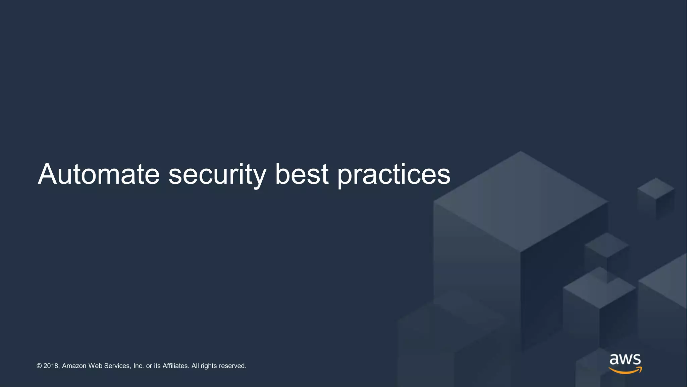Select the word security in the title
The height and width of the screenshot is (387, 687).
(217, 175)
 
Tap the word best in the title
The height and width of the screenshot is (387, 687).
(302, 174)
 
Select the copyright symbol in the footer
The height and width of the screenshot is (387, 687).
(39, 366)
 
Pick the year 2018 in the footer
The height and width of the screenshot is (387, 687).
(51, 366)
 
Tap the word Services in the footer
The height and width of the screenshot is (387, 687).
(117, 366)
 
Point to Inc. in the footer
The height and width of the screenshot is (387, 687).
(139, 366)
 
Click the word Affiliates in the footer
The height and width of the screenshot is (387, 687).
(175, 366)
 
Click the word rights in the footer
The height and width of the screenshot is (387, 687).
(209, 366)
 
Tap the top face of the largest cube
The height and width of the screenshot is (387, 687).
(521, 202)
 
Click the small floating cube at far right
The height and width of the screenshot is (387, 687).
(656, 198)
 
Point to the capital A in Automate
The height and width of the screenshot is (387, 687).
(48, 174)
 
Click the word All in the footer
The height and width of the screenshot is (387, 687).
(195, 366)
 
